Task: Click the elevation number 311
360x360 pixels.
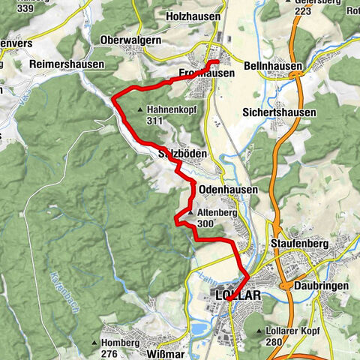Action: click(x=155, y=120)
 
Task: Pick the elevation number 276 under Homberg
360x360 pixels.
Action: click(x=109, y=352)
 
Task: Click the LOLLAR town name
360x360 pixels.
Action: click(x=238, y=295)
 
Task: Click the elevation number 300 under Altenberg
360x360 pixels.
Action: click(x=203, y=223)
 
